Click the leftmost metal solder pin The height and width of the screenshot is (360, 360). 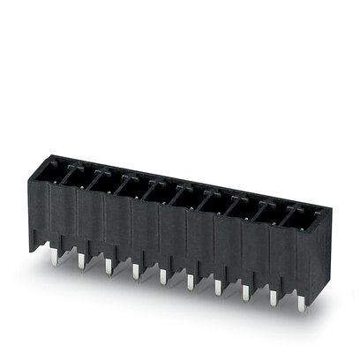pyautogui.click(x=55, y=250)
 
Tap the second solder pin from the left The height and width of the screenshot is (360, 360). pyautogui.click(x=82, y=257)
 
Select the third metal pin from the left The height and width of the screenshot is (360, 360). pyautogui.click(x=109, y=263)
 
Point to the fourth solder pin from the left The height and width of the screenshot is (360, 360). pyautogui.click(x=136, y=269)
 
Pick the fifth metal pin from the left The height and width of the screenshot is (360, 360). pyautogui.click(x=163, y=275)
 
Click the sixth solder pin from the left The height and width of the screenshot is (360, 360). pyautogui.click(x=191, y=281)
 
